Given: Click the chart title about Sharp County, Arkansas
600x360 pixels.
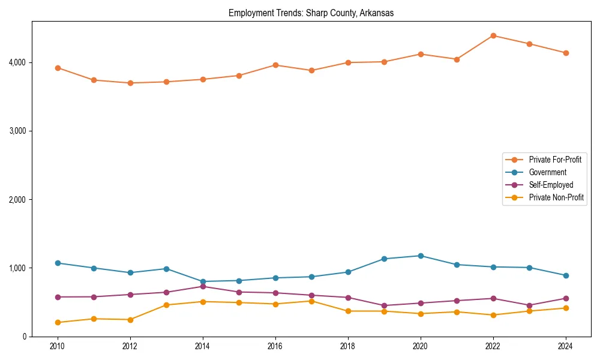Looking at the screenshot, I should (x=311, y=13).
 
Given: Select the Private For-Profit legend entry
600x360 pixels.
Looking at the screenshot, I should (x=554, y=160).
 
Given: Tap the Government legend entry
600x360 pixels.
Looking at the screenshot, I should (x=547, y=172).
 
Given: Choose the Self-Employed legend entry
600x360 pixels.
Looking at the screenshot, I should (x=551, y=185).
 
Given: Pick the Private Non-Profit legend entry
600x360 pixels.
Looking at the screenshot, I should (x=556, y=197).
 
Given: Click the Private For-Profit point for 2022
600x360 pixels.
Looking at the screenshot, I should (x=493, y=35).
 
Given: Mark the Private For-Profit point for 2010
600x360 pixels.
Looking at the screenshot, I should (x=58, y=68).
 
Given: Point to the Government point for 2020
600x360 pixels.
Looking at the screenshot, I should (x=421, y=256).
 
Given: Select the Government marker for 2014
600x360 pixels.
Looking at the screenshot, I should (x=203, y=281).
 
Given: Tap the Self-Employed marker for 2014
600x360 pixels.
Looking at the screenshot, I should (x=203, y=286).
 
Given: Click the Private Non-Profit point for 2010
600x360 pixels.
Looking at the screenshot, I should (x=58, y=322).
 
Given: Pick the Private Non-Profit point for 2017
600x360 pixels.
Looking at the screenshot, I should (x=311, y=301).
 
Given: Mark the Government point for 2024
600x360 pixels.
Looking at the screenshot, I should (x=566, y=275).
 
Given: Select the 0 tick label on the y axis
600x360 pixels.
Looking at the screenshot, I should (x=25, y=337).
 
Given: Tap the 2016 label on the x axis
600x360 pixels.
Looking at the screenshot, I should (x=275, y=346).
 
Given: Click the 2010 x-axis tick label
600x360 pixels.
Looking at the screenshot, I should (x=58, y=346).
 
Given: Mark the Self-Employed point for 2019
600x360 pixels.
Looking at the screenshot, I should (x=384, y=305).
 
